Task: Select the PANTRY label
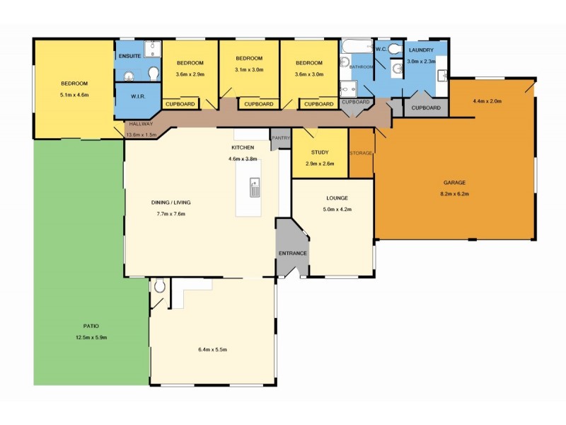[281, 139]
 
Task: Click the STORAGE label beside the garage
[361, 153]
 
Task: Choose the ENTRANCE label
[293, 253]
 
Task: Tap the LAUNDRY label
[422, 50]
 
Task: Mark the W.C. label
[380, 49]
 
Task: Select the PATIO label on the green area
[91, 326]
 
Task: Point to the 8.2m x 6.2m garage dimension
[456, 193]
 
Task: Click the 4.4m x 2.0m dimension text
[487, 101]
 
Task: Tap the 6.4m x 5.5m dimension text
[212, 349]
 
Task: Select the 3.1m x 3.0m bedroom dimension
[249, 69]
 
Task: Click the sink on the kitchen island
[255, 188]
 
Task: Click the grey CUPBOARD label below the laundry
[426, 108]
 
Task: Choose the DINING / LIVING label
[171, 202]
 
